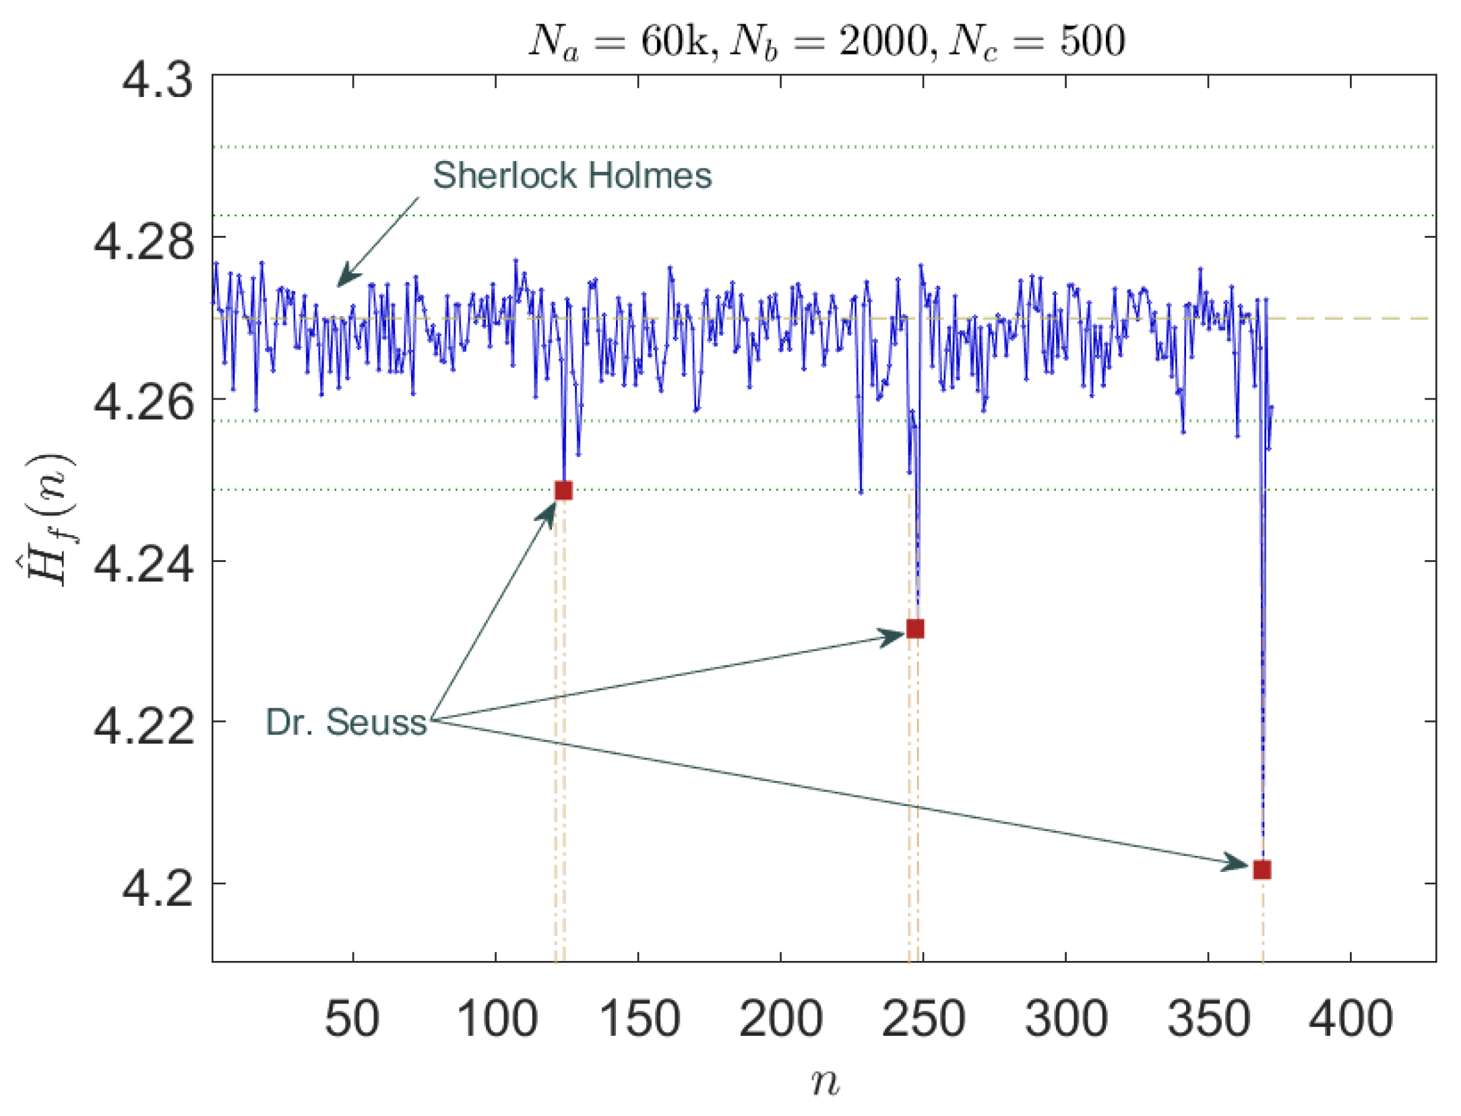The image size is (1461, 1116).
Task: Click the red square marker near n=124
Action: pos(563,491)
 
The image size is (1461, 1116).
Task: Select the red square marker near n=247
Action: pos(914,629)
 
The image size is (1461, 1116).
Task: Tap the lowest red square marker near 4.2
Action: pos(1262,870)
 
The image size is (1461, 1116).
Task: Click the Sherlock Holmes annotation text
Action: pos(571,175)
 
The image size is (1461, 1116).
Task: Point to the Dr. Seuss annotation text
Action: pos(346,722)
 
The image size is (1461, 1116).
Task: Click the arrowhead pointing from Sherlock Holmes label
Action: pos(346,277)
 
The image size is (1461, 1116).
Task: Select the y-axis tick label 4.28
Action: pos(144,242)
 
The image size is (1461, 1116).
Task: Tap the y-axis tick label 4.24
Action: pos(144,565)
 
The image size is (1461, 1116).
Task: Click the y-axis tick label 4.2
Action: pos(157,888)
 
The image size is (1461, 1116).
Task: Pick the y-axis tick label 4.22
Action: pos(144,726)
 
